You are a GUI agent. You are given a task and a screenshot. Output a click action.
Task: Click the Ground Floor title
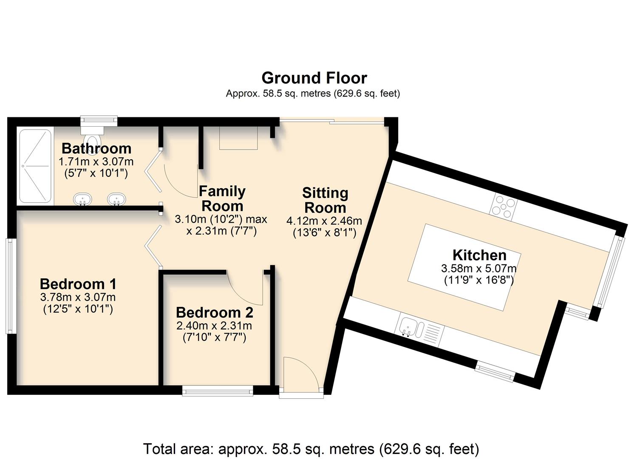click(314, 78)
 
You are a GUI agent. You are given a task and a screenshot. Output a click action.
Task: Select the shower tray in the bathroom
click(36, 166)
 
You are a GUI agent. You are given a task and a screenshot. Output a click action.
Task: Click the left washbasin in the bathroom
click(82, 199)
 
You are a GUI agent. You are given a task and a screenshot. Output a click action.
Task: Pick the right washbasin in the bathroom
click(116, 199)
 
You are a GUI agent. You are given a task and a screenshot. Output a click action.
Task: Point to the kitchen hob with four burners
click(504, 207)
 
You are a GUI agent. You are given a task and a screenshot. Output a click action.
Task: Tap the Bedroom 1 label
click(78, 284)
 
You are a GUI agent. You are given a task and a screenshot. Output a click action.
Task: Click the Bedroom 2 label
click(215, 313)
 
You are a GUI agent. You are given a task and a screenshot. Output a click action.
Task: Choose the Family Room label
click(222, 198)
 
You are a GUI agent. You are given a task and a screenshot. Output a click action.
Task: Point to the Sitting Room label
click(325, 200)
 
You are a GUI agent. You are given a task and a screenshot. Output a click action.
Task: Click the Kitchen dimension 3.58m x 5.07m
click(479, 269)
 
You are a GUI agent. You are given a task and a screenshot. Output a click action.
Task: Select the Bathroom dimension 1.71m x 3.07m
click(96, 162)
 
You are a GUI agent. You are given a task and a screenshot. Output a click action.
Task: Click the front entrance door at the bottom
click(301, 374)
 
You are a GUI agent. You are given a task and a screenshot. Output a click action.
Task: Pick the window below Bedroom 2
click(218, 391)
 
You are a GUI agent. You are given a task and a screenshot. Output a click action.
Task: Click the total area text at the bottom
click(311, 449)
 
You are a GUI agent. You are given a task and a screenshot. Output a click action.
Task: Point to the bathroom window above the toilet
click(99, 120)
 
